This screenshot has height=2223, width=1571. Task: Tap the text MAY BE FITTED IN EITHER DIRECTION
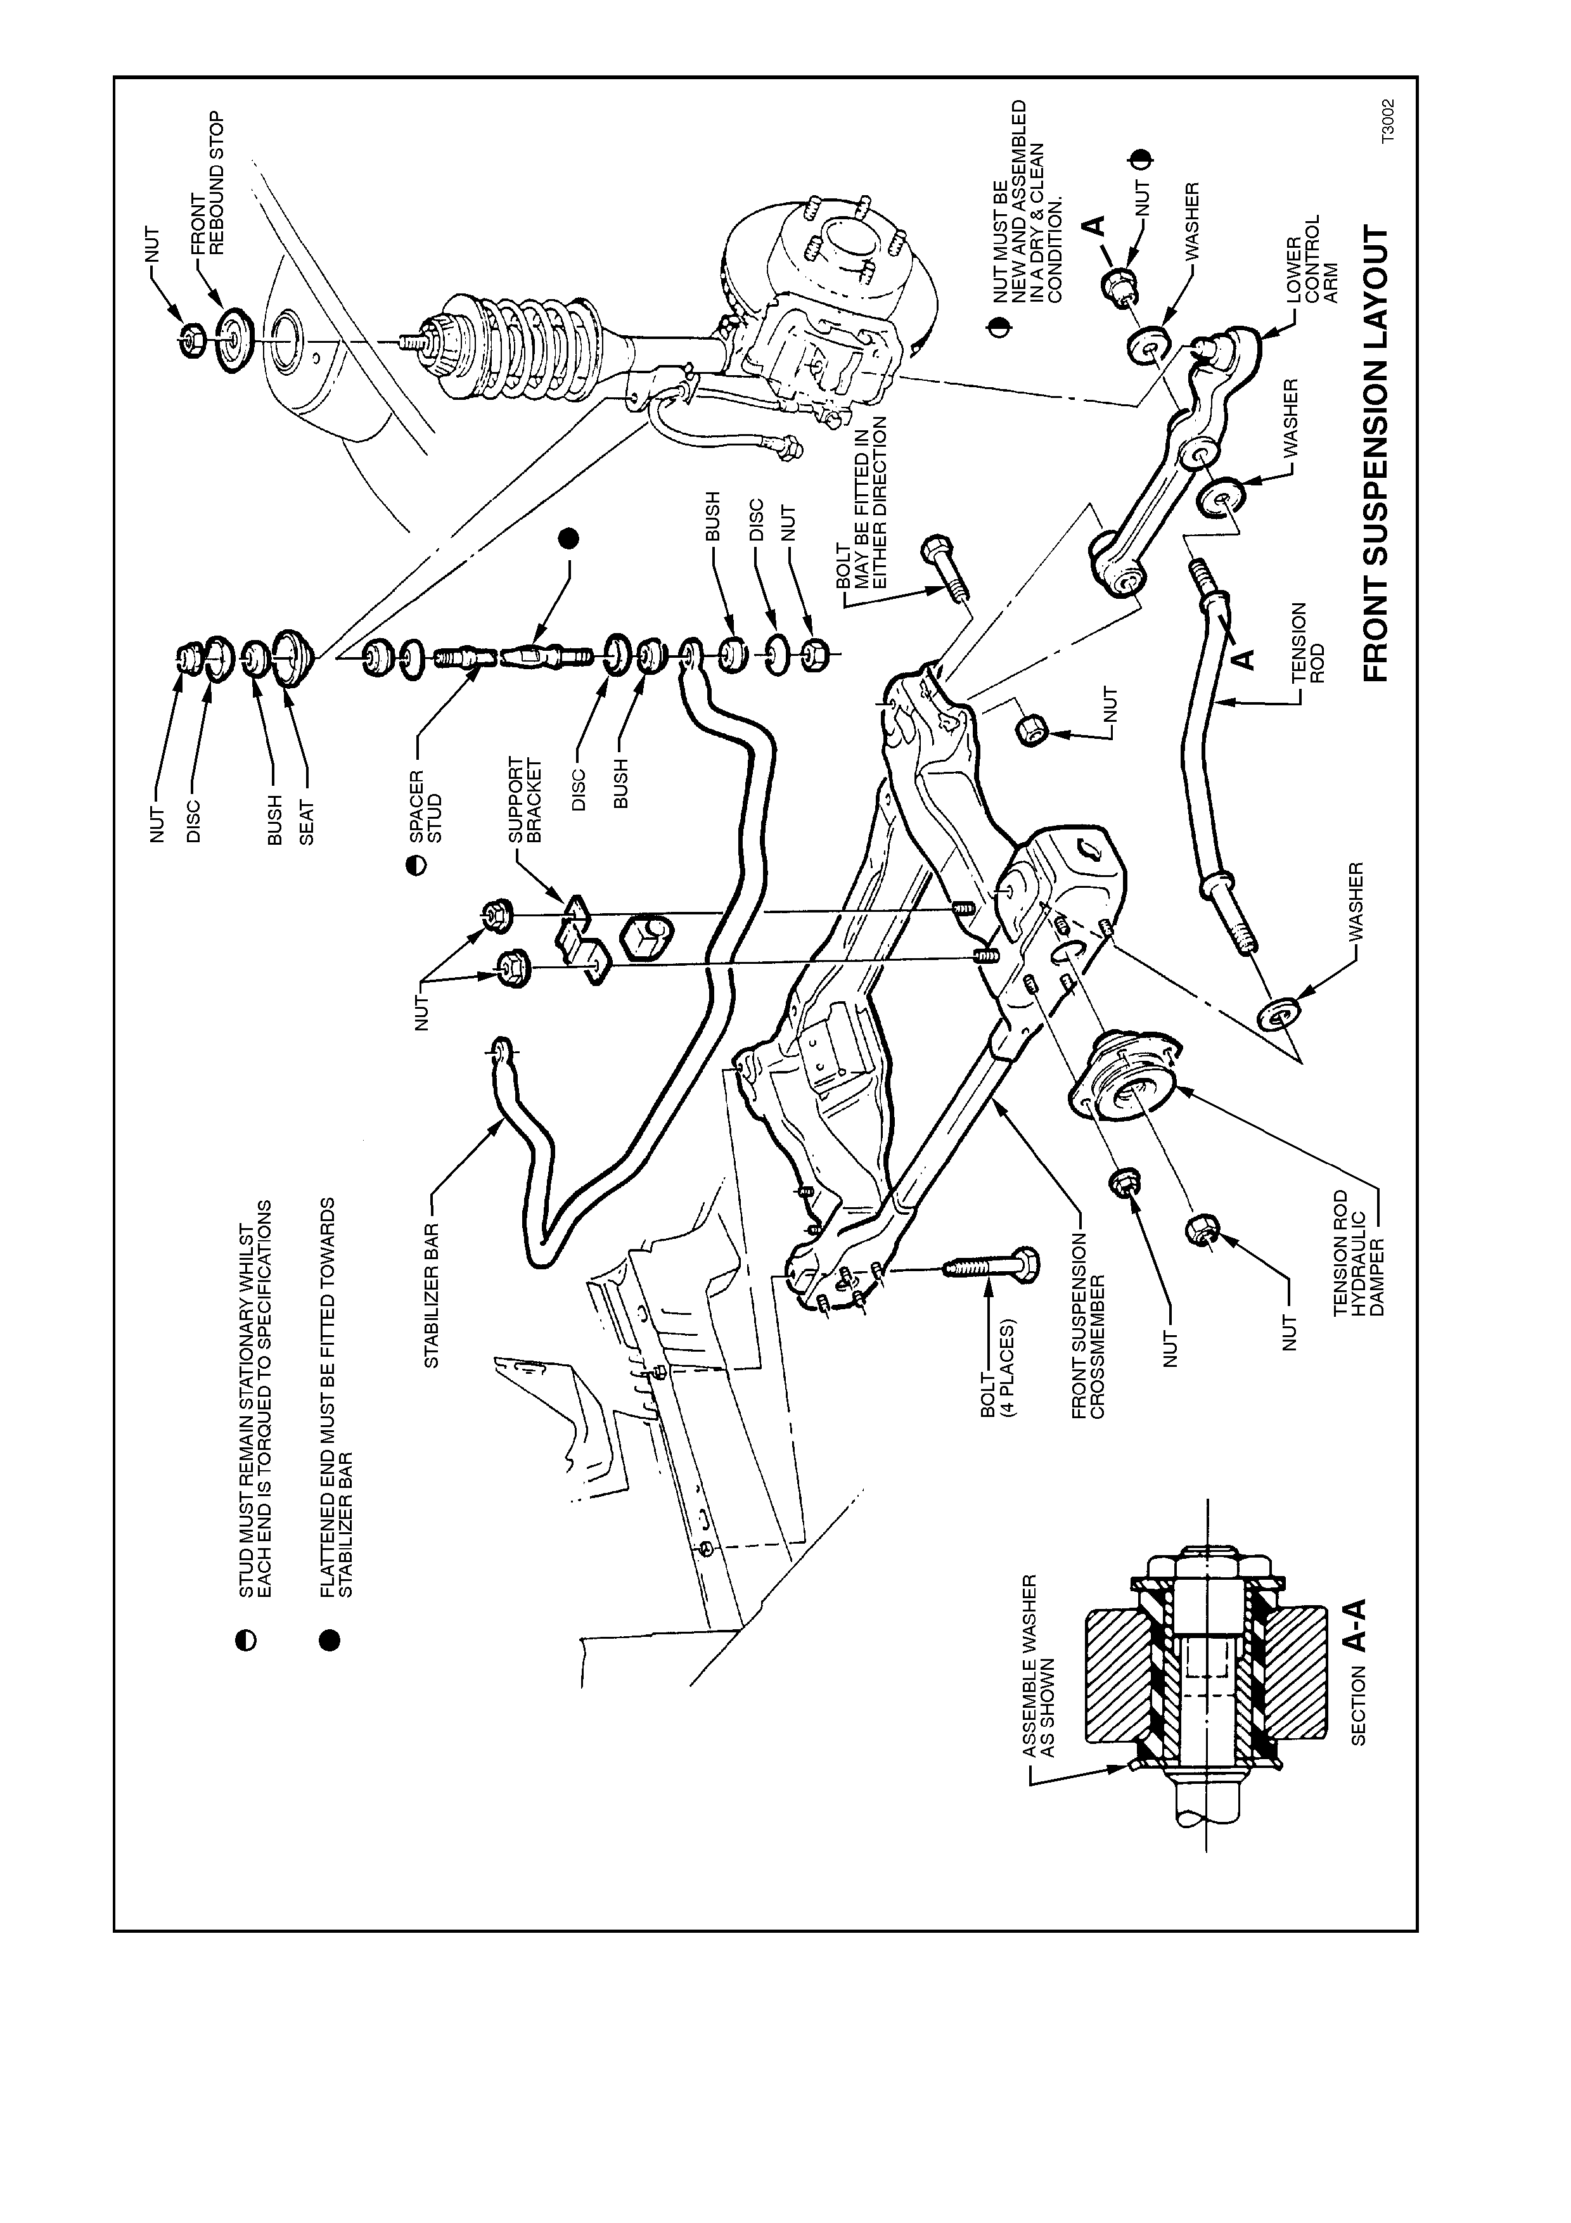(870, 503)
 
